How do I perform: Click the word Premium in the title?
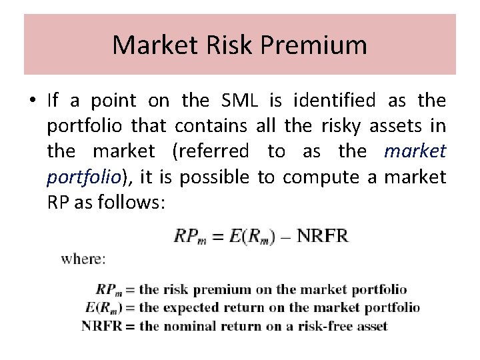point(315,45)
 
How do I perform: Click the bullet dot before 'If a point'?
point(32,101)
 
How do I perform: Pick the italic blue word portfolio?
point(83,177)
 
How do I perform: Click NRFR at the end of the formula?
point(322,236)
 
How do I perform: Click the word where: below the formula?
point(83,259)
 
